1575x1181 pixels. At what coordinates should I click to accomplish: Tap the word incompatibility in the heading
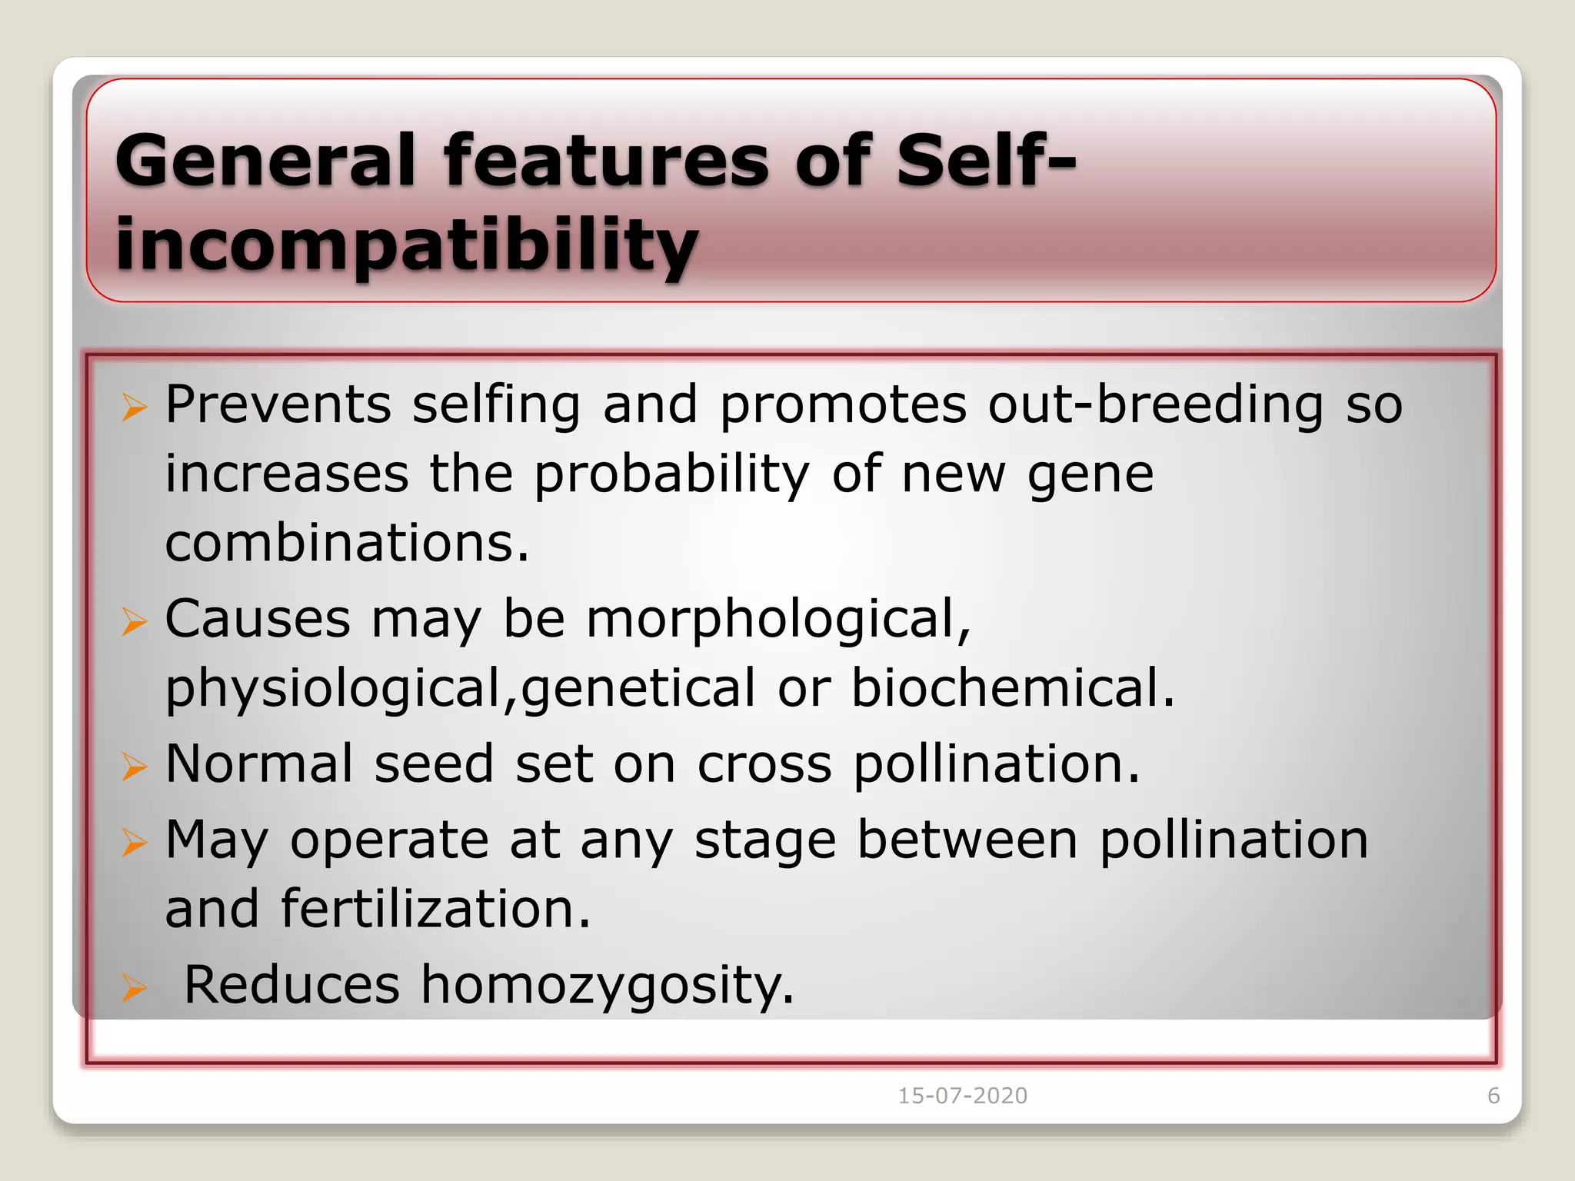[406, 244]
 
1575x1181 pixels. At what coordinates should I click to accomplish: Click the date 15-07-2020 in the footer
[962, 1096]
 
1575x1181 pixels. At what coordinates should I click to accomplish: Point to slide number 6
[1493, 1096]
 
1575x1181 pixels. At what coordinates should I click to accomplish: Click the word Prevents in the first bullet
[278, 404]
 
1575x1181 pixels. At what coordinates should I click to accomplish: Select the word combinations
[346, 543]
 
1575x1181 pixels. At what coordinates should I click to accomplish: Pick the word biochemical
[1012, 687]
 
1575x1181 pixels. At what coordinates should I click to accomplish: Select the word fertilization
[435, 909]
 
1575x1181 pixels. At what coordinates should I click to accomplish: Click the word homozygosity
[606, 985]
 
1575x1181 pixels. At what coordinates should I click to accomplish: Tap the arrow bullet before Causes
[134, 621]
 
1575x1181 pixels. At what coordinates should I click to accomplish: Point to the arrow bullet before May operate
[134, 843]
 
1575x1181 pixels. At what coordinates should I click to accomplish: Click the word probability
[671, 474]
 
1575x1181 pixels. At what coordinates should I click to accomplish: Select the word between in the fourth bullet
[967, 840]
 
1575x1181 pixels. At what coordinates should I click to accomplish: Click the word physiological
[335, 689]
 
